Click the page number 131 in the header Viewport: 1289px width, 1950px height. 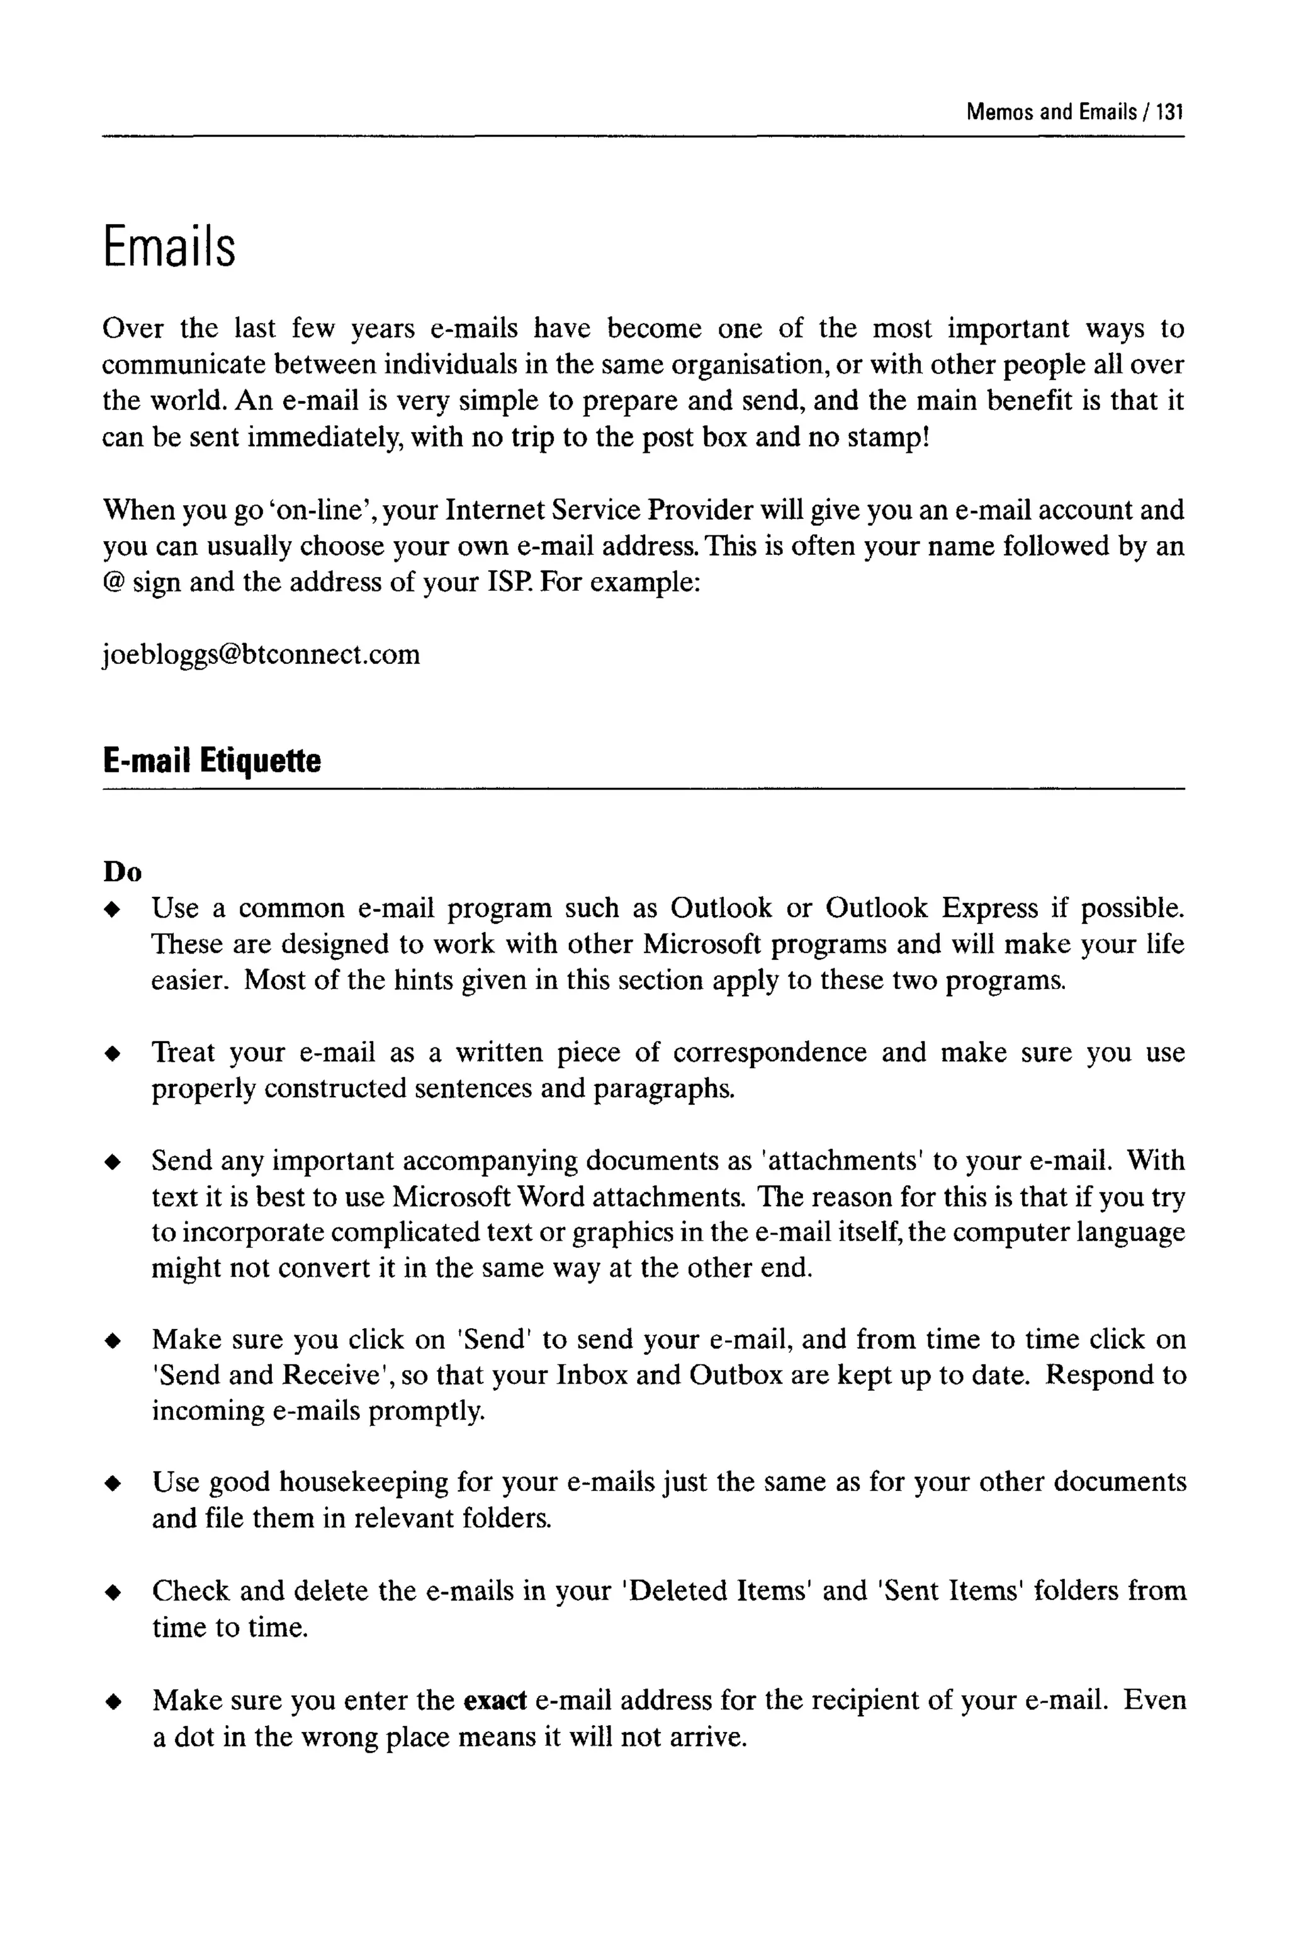(1169, 112)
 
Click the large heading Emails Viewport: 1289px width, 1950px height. (169, 247)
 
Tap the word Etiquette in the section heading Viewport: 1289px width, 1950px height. (261, 760)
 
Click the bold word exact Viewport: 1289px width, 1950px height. (495, 1699)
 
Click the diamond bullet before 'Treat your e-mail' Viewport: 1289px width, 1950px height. (113, 1054)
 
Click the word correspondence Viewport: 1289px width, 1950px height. (770, 1052)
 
